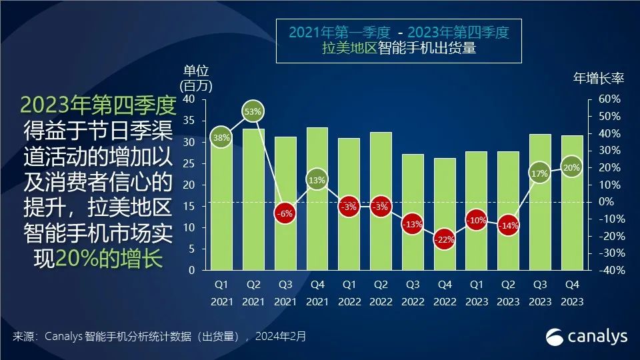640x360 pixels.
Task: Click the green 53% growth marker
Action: pyautogui.click(x=253, y=112)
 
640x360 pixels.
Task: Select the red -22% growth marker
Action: pyautogui.click(x=444, y=240)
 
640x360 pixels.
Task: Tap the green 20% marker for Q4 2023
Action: pyautogui.click(x=571, y=167)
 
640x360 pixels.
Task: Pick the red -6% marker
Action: pyautogui.click(x=285, y=214)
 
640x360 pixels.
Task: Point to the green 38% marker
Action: pyautogui.click(x=221, y=138)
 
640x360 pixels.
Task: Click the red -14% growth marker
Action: pyautogui.click(x=508, y=226)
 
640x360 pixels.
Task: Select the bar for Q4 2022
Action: pyautogui.click(x=444, y=213)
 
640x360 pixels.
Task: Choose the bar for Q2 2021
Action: pyautogui.click(x=253, y=200)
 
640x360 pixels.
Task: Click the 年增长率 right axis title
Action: pyautogui.click(x=598, y=78)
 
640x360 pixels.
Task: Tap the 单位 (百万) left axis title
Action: pyautogui.click(x=193, y=78)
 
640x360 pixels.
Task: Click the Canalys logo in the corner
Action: pyautogui.click(x=587, y=337)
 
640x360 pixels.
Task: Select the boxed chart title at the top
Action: pyautogui.click(x=399, y=41)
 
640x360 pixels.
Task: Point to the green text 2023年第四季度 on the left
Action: pyautogui.click(x=97, y=105)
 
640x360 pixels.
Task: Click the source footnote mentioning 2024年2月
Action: pyautogui.click(x=159, y=337)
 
